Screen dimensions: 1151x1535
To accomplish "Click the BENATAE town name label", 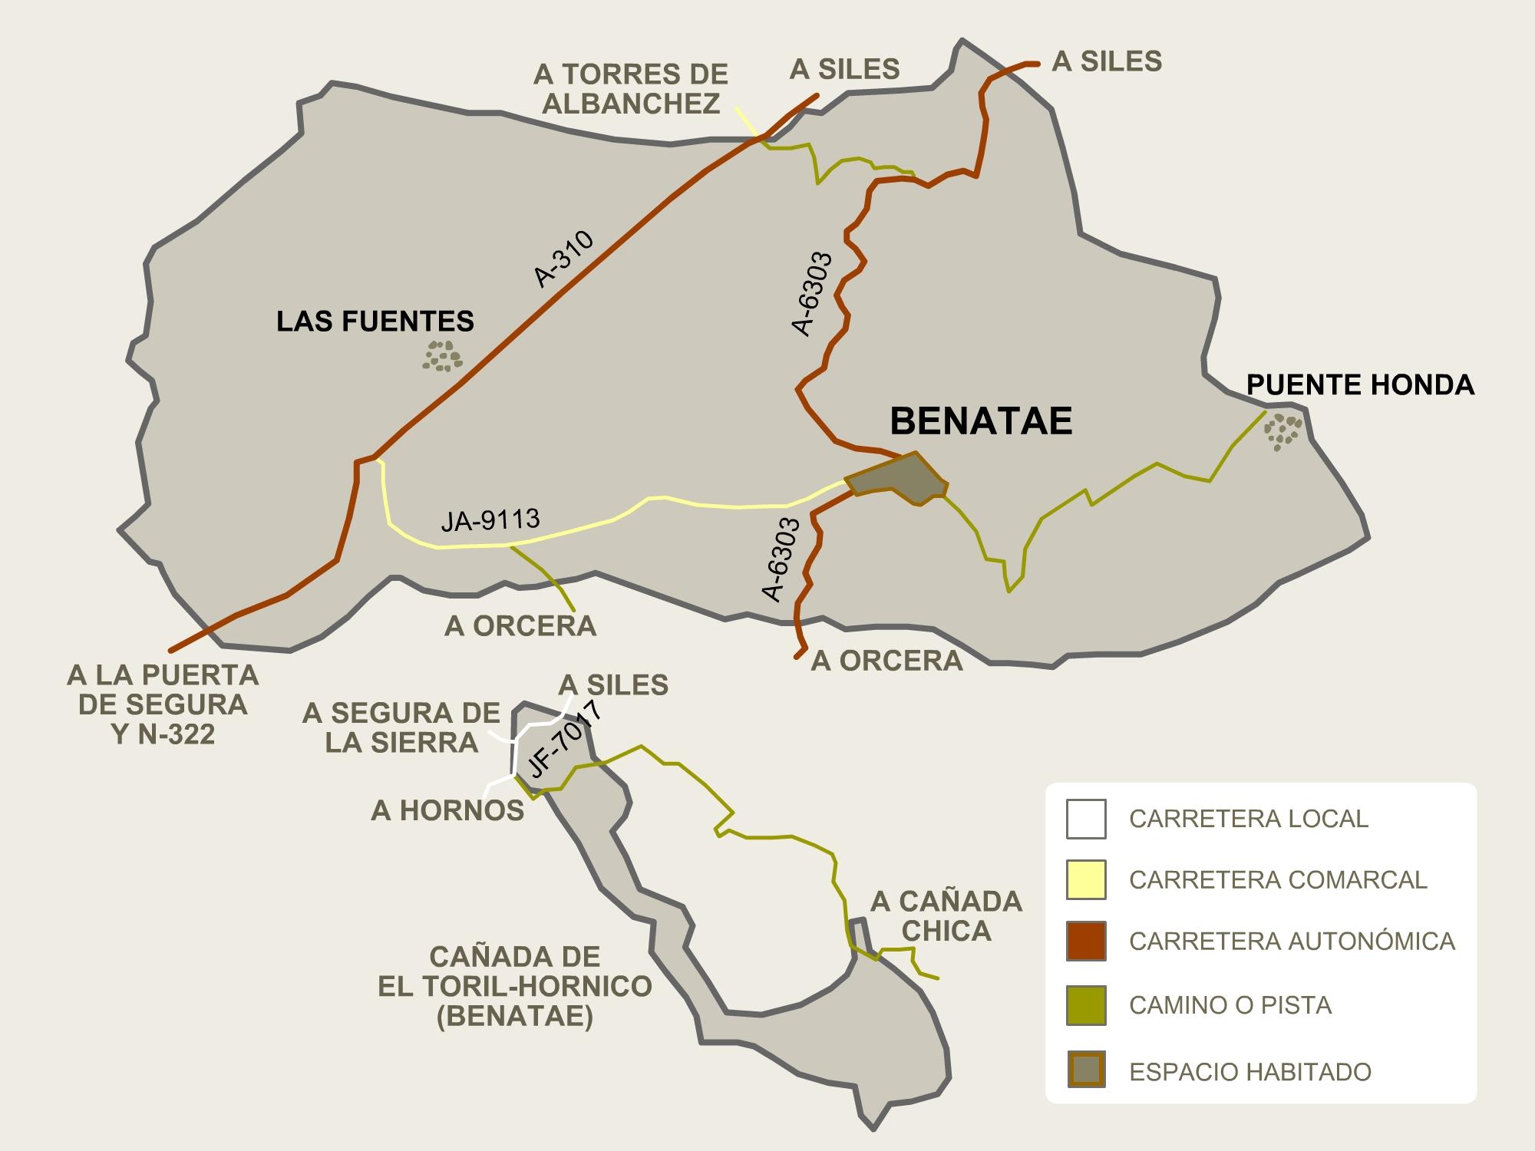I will pyautogui.click(x=981, y=421).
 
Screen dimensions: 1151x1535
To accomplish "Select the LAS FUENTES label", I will pyautogui.click(x=375, y=322).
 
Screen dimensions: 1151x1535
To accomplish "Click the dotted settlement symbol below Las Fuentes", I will pyautogui.click(x=443, y=357).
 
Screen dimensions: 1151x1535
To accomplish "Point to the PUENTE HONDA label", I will pyautogui.click(x=1360, y=384).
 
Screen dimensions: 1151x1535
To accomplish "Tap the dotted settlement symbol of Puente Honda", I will pyautogui.click(x=1282, y=432).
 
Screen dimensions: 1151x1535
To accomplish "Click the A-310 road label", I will pyautogui.click(x=564, y=259).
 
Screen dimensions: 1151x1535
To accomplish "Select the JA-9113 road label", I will pyautogui.click(x=490, y=520).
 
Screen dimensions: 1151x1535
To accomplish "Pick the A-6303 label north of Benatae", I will pyautogui.click(x=812, y=294).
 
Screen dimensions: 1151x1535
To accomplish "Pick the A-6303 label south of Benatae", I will pyautogui.click(x=781, y=559).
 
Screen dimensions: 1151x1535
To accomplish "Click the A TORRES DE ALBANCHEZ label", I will pyautogui.click(x=630, y=89).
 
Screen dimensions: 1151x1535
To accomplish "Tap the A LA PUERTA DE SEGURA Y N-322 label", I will pyautogui.click(x=163, y=704).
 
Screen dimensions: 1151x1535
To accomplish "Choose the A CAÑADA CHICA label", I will pyautogui.click(x=946, y=915).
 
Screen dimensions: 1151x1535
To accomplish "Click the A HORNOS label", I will pyautogui.click(x=447, y=810).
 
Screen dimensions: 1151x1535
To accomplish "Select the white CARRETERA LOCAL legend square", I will pyautogui.click(x=1085, y=819).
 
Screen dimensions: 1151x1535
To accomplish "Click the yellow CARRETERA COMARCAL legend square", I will pyautogui.click(x=1085, y=879).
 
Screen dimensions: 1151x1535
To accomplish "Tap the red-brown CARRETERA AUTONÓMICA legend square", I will pyautogui.click(x=1085, y=941).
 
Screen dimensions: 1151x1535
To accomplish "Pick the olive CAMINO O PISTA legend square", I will pyautogui.click(x=1085, y=1005).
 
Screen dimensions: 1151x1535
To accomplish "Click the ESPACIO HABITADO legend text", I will pyautogui.click(x=1250, y=1072).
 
